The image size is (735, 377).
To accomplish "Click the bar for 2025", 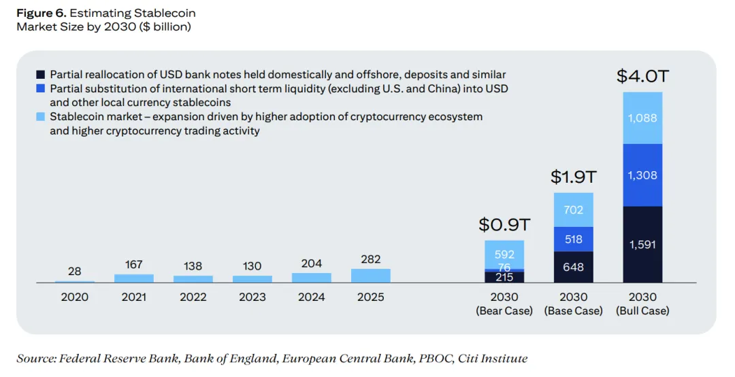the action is [x=370, y=276].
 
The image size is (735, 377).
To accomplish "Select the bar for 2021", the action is [x=133, y=279].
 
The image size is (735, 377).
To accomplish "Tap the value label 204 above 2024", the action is [x=311, y=264].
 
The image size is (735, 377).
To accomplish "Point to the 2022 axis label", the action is [x=193, y=297].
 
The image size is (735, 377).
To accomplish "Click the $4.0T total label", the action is [x=642, y=76].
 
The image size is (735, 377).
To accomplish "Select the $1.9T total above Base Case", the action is [x=573, y=177].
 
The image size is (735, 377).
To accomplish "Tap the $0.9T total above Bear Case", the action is [x=504, y=225].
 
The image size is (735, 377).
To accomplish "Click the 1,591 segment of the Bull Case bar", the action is [x=642, y=244].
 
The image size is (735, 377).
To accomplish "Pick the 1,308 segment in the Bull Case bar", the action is [x=642, y=175].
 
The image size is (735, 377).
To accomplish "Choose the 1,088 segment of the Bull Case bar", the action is [x=642, y=118].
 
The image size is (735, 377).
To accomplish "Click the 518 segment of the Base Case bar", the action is [x=573, y=239].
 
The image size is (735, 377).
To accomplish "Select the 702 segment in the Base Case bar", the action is [x=573, y=210].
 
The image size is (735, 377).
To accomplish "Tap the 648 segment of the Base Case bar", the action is [x=573, y=267].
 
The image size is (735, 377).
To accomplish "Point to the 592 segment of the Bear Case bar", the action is [x=504, y=255].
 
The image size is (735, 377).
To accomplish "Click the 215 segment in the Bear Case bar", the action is [x=504, y=277].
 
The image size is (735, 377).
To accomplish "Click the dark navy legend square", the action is [x=41, y=75].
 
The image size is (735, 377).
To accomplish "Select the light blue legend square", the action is [x=41, y=116].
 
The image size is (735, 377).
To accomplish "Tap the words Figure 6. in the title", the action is [x=42, y=13].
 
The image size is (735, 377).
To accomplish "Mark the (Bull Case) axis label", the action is [x=642, y=310].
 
